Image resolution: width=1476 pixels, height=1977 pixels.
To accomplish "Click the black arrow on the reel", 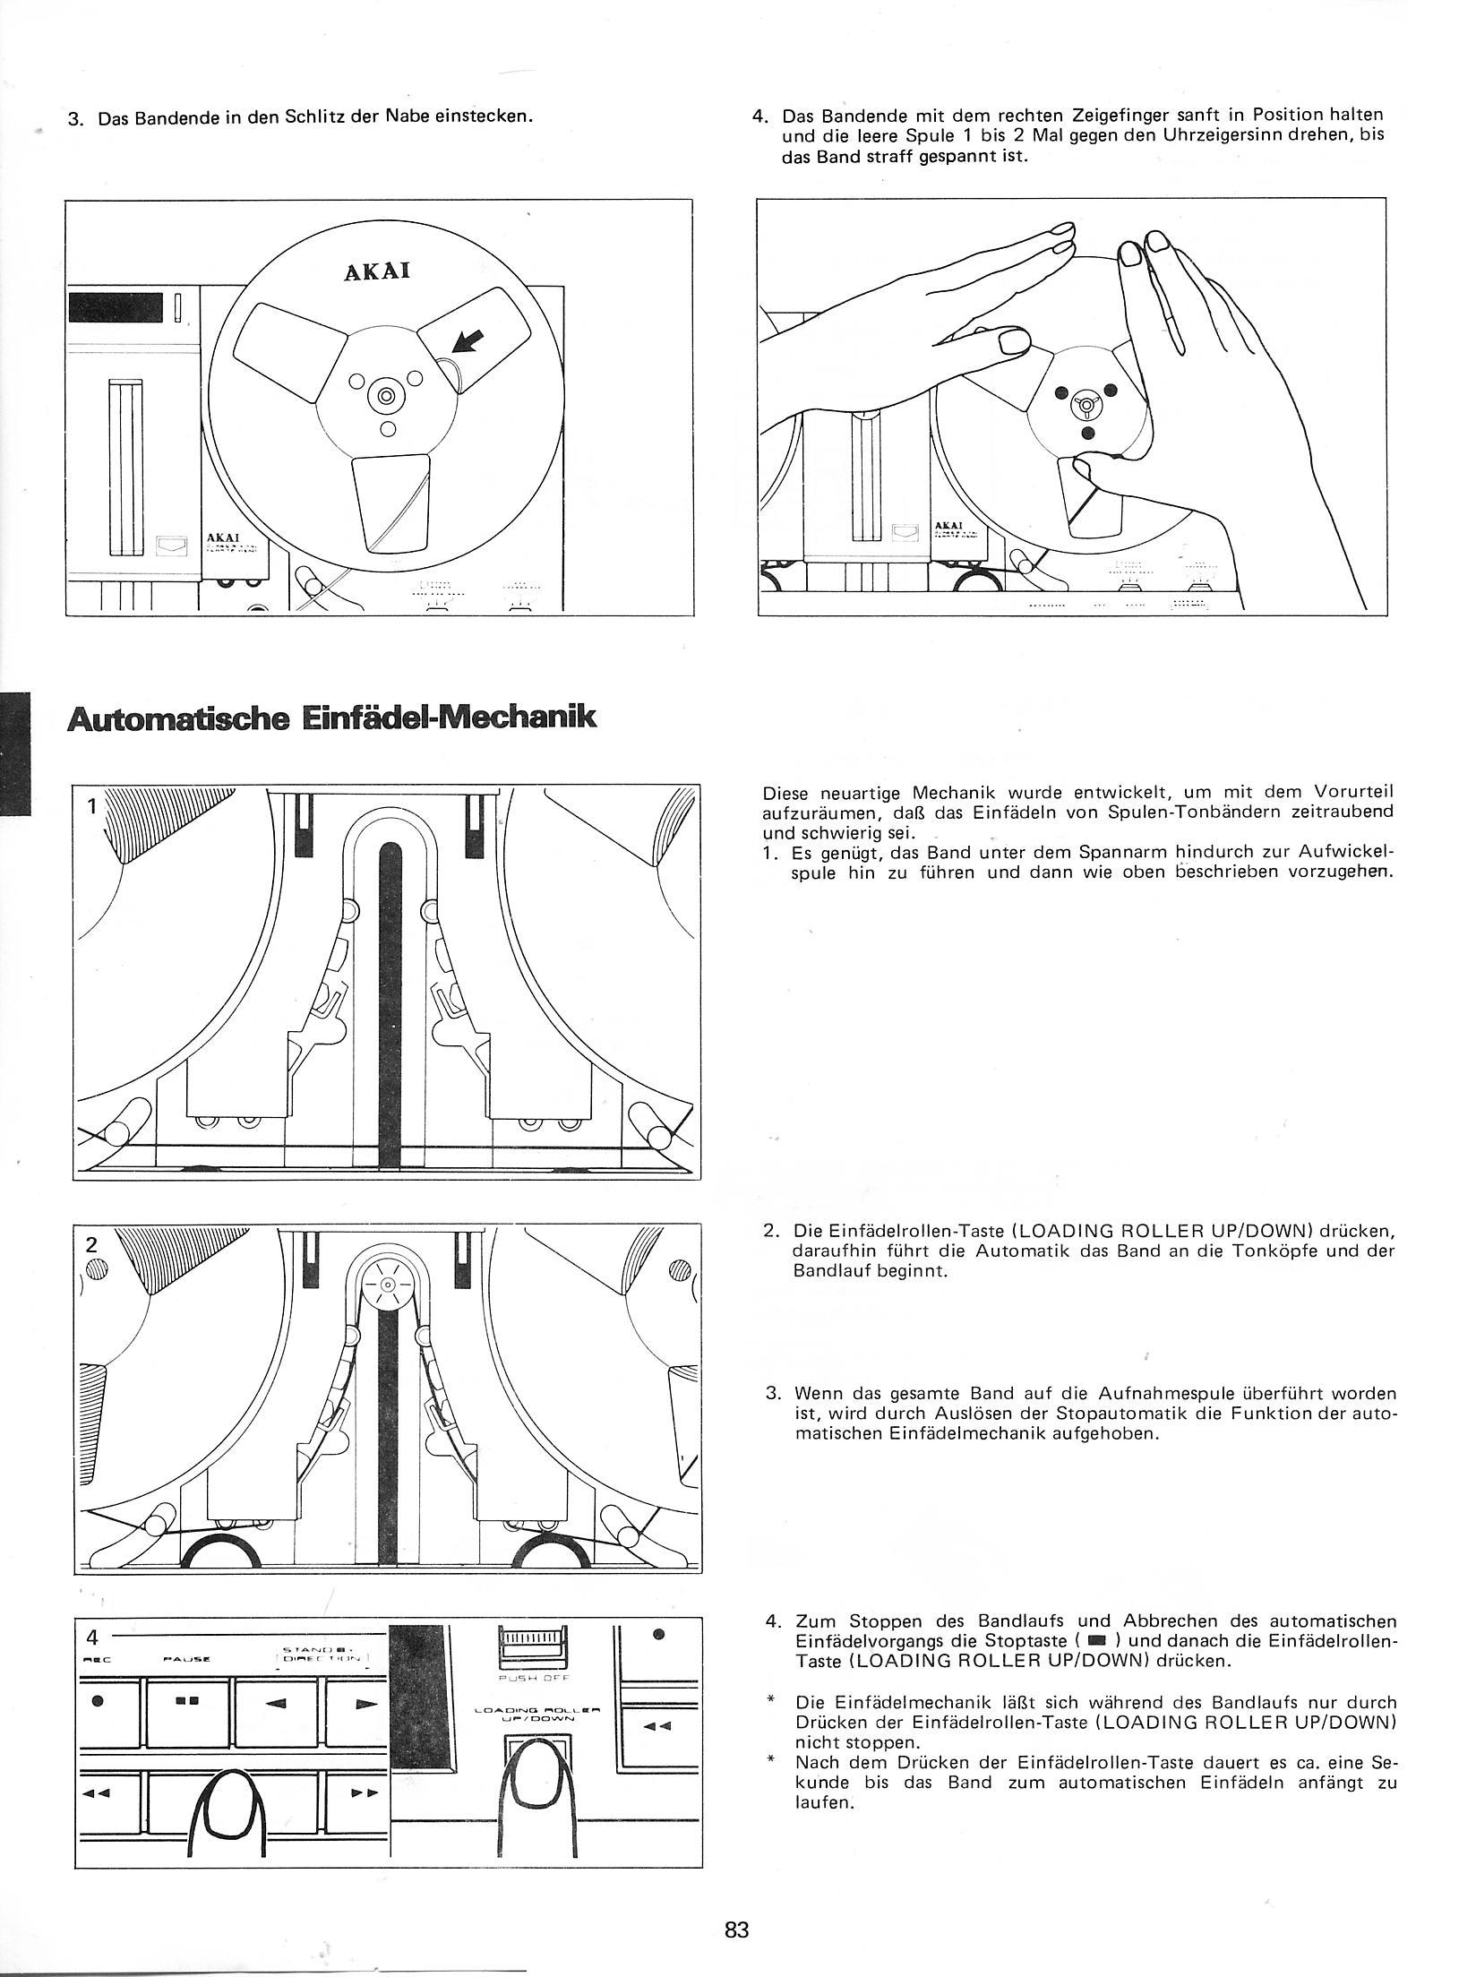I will coord(468,341).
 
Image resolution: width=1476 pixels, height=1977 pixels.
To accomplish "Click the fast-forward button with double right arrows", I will coord(357,1818).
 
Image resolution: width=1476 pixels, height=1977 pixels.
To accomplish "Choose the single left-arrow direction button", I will coord(278,1751).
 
